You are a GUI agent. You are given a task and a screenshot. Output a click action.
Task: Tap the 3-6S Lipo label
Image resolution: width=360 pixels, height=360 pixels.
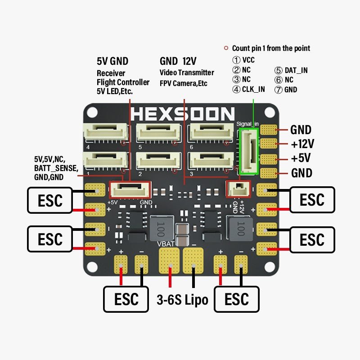point(182,300)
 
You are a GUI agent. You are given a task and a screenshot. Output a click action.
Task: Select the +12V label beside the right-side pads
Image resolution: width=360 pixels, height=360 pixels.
point(302,144)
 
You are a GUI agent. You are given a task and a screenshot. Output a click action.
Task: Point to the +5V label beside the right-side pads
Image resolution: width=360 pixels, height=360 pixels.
point(301,158)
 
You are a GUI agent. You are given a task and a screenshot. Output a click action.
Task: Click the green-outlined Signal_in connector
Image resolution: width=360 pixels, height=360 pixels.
point(249,151)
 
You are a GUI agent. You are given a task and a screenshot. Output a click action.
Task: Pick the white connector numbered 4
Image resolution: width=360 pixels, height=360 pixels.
point(105,132)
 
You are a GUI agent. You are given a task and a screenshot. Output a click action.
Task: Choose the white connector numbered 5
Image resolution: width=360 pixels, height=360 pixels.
point(158,132)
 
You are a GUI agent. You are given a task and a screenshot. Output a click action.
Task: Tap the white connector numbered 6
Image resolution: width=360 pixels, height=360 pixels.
point(211,132)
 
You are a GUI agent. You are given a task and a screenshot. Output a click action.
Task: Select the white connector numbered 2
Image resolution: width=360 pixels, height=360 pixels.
point(158,160)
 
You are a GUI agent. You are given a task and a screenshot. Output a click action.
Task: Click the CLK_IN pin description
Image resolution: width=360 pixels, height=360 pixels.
point(253,89)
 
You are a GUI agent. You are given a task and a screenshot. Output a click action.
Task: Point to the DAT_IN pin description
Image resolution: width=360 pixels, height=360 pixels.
point(296,70)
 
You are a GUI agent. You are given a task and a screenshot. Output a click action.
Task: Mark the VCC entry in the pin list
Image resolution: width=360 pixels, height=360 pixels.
point(248,60)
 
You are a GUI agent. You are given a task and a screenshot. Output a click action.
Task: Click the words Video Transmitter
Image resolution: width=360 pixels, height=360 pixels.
point(187,72)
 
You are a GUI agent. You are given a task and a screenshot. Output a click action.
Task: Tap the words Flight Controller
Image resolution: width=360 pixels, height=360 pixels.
point(123,82)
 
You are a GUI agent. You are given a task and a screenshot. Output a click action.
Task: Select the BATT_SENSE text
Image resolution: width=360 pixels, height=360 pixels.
point(56,168)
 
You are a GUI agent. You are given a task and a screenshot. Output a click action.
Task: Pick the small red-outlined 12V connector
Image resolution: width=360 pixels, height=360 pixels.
point(237,189)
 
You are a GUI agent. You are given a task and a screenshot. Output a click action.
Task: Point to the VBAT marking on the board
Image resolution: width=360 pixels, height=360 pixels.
point(166,244)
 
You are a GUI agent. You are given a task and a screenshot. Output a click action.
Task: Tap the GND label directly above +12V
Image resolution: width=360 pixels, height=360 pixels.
point(301,130)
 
